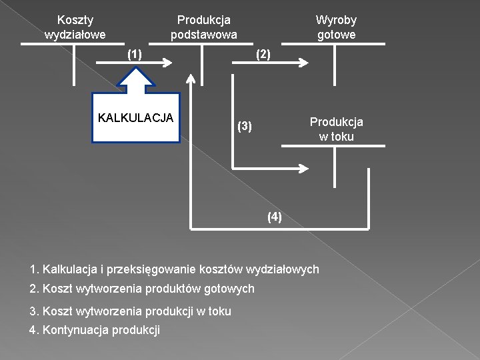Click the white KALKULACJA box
click(136, 118)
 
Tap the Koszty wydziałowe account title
click(75, 27)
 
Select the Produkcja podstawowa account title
click(203, 27)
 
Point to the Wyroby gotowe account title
click(336, 27)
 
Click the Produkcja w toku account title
click(336, 129)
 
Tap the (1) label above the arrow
click(135, 54)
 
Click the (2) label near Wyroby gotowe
click(263, 55)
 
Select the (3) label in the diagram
click(245, 126)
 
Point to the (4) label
click(274, 217)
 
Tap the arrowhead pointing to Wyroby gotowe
click(304, 63)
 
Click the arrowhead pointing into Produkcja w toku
click(304, 167)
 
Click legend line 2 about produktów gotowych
click(142, 289)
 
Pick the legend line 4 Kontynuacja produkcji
click(95, 330)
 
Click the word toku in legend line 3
click(218, 311)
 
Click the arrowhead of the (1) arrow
click(168, 63)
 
